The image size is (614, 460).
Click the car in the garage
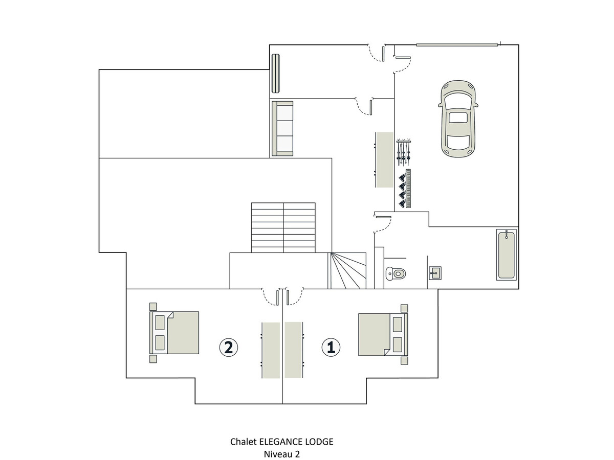tap(458, 119)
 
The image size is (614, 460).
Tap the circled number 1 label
tap(331, 348)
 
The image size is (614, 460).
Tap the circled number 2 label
tap(228, 348)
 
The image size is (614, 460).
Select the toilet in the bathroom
tap(396, 273)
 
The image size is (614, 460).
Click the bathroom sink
tap(435, 273)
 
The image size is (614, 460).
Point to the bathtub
tap(507, 255)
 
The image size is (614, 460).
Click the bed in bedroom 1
tap(383, 334)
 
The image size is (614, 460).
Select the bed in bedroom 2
tap(174, 333)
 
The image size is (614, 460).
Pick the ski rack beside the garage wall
tap(404, 152)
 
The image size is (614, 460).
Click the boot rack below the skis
tap(405, 189)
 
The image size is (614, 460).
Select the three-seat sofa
tap(282, 128)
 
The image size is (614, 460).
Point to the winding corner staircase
tap(347, 270)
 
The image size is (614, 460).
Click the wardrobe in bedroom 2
tap(271, 351)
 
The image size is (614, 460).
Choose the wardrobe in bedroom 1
tap(294, 350)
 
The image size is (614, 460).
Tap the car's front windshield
tap(458, 101)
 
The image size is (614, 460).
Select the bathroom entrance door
tap(382, 224)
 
